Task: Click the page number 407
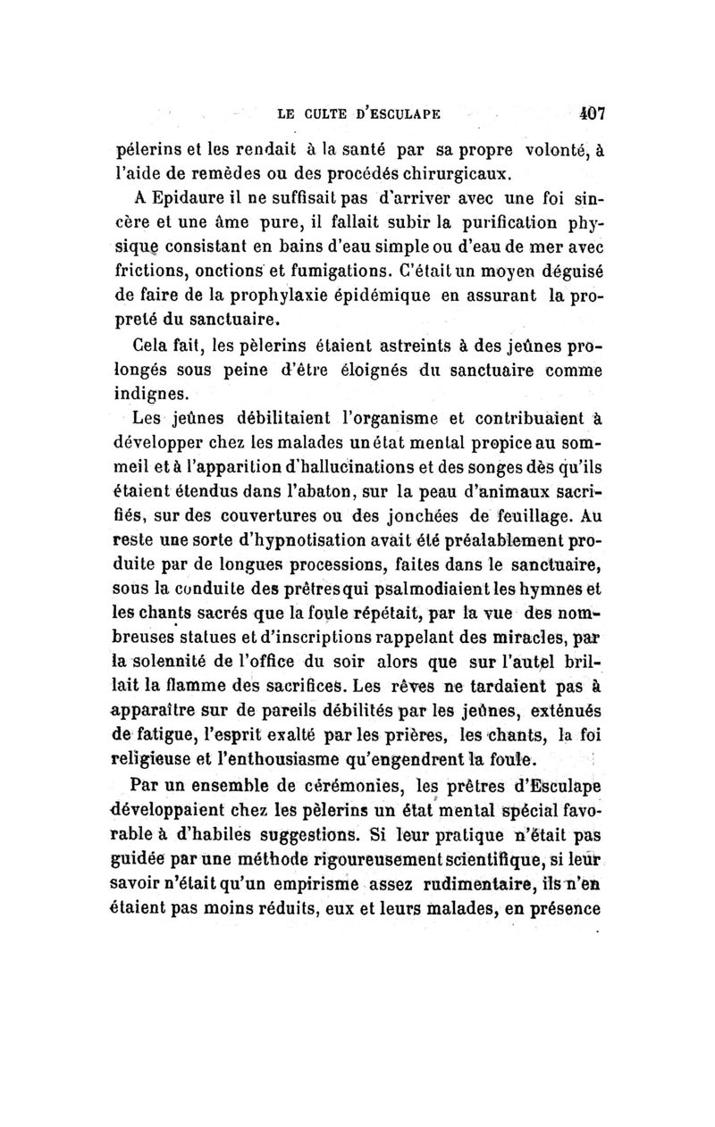pos(591,113)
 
